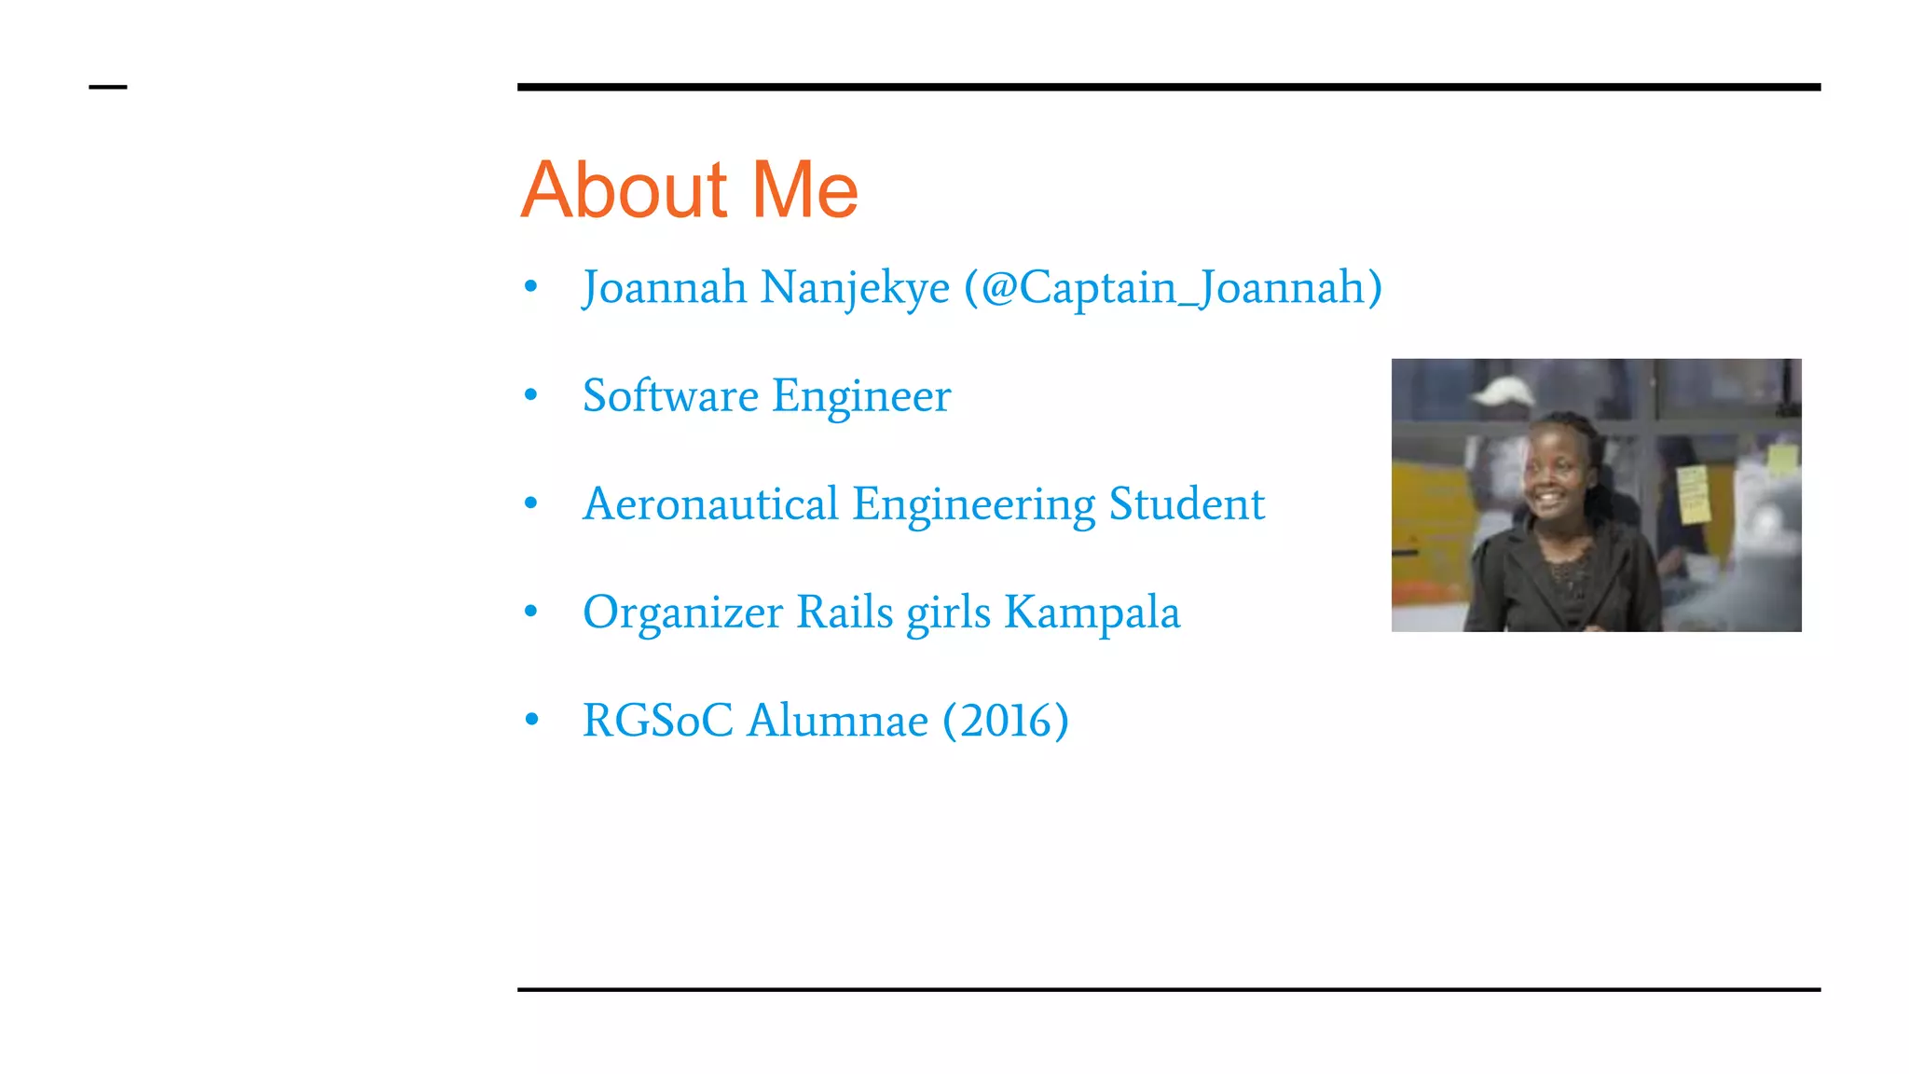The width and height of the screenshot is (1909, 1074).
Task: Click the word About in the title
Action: [x=623, y=190]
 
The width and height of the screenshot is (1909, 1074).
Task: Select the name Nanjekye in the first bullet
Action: [x=855, y=288]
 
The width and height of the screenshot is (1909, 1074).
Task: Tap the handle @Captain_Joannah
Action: [x=1174, y=288]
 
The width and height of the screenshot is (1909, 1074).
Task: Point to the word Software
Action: [x=670, y=396]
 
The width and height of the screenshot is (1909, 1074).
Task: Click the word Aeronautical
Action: [x=710, y=504]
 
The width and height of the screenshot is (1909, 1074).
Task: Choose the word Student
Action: [x=1187, y=504]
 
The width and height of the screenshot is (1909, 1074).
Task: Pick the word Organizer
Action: [x=682, y=613]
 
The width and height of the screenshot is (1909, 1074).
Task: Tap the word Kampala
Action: [x=1092, y=613]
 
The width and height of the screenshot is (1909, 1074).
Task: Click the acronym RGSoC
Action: [x=657, y=721]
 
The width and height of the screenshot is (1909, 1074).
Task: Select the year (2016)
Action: [x=1006, y=721]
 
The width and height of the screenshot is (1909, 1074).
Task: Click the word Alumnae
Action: [x=838, y=721]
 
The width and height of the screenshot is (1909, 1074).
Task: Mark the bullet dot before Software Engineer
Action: [x=531, y=395]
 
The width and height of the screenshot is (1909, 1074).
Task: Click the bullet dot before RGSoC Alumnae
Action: [x=531, y=720]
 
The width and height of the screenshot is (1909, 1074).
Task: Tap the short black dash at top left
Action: [x=107, y=88]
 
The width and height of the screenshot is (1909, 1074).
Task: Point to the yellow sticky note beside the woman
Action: [x=1693, y=494]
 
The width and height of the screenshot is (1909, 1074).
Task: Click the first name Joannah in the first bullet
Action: [x=664, y=288]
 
